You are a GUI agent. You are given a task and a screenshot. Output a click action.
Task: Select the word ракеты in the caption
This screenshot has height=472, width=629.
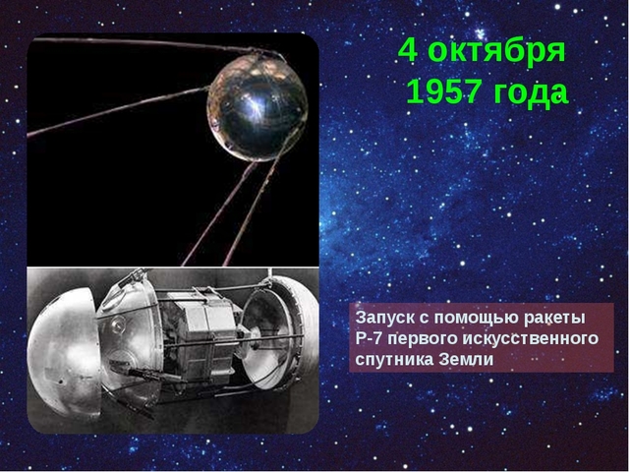[550, 319]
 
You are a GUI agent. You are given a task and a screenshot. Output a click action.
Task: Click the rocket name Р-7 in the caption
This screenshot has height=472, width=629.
[371, 339]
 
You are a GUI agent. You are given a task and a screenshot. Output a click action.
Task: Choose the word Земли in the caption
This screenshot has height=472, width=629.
[462, 359]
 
